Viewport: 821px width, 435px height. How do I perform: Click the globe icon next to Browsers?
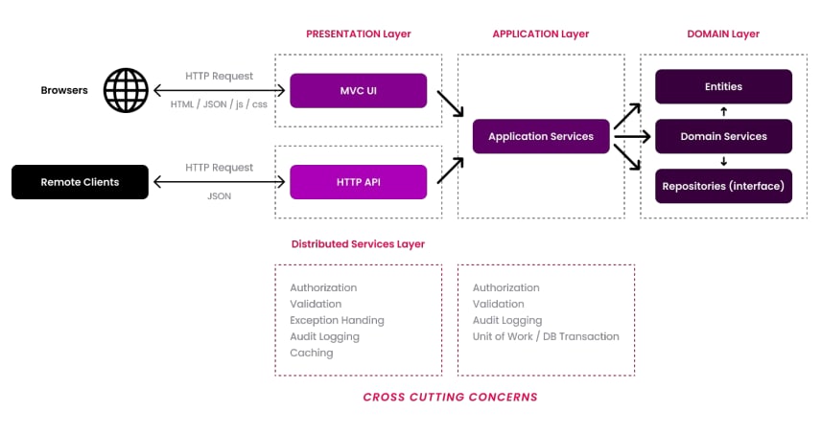point(126,90)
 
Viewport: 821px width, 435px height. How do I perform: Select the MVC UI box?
point(358,90)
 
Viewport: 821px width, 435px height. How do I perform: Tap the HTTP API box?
point(358,182)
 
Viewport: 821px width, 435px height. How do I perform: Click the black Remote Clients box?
point(81,182)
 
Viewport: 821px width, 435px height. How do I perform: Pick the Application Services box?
point(541,136)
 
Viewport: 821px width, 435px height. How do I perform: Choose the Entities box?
point(723,86)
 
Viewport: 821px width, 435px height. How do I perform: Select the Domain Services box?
point(723,136)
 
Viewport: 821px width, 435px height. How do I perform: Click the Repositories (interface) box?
point(723,186)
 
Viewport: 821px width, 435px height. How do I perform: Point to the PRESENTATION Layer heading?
point(359,34)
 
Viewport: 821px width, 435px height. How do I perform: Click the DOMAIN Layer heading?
point(723,34)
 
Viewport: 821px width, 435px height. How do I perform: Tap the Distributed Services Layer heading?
point(358,244)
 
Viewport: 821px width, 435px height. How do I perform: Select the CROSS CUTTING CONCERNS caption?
point(450,398)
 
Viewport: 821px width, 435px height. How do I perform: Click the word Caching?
point(312,353)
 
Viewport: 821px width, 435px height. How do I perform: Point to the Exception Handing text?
point(338,320)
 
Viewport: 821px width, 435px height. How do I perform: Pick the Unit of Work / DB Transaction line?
point(546,336)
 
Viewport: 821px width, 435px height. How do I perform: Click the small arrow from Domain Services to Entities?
point(723,111)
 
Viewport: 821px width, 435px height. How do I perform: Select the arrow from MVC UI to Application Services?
point(450,103)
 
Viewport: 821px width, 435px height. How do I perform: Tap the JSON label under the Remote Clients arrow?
point(219,196)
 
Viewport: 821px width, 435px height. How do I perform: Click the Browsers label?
point(64,90)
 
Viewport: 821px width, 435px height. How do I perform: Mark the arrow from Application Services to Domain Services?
point(632,136)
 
